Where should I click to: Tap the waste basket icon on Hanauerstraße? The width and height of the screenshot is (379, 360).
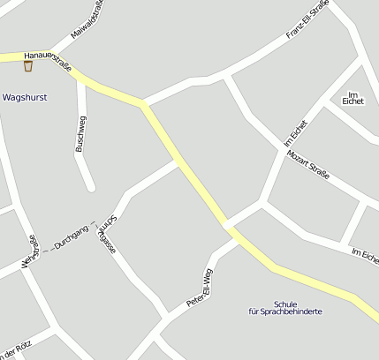point(28,65)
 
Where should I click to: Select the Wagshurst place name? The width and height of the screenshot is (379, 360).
point(25,97)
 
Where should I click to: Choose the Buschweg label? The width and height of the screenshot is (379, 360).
point(80,134)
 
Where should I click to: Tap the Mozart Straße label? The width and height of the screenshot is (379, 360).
point(308,165)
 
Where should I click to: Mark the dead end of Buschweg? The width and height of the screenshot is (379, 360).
point(89,186)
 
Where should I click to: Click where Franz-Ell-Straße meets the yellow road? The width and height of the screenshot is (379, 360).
point(143,104)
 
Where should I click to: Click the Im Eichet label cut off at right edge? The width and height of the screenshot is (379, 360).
point(364,257)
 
